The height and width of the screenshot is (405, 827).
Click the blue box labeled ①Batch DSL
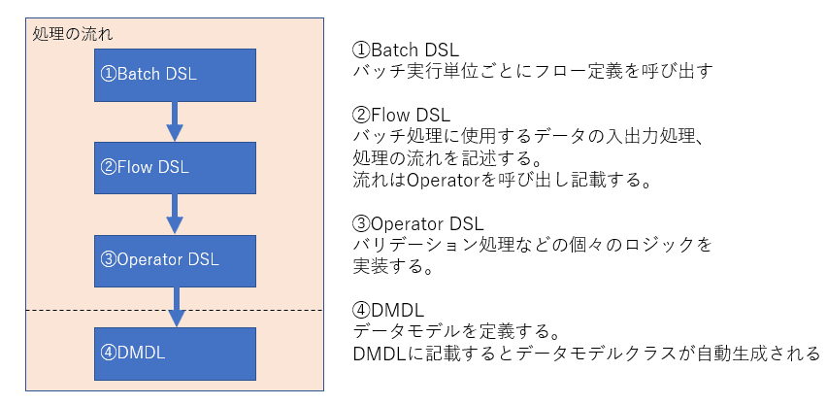[x=175, y=74]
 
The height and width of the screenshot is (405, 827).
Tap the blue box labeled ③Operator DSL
[x=175, y=259]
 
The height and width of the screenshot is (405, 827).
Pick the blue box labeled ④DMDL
[x=175, y=353]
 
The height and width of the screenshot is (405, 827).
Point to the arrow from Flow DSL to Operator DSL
[x=175, y=213]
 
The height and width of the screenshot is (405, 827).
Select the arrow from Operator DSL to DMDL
[x=176, y=306]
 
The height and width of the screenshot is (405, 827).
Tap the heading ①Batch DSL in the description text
[x=405, y=49]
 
